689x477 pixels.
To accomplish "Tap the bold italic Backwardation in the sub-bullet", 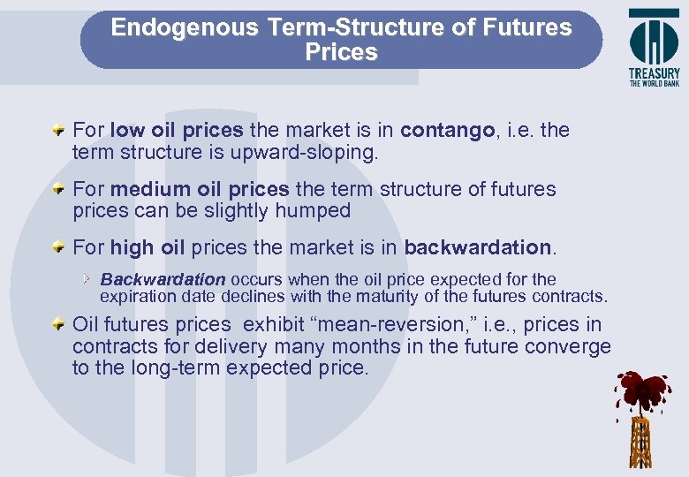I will click(163, 280).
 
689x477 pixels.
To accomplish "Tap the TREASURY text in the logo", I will click(655, 74).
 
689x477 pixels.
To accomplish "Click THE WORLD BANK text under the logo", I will click(655, 85).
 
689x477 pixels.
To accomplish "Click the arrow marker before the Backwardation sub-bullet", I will click(87, 279).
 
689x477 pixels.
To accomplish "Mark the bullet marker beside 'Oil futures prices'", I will click(57, 325).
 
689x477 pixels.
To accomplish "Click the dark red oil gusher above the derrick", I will click(643, 390).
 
